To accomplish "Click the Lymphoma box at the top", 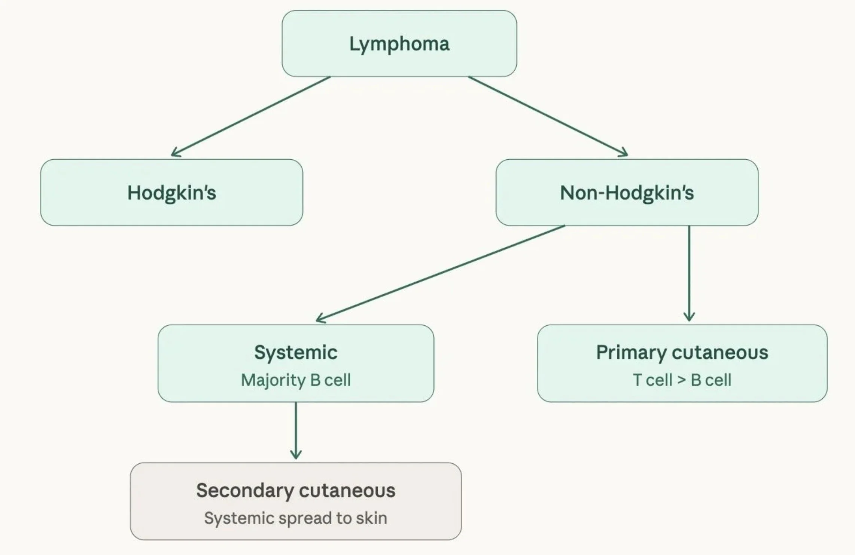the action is [399, 43].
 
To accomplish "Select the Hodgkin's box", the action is [172, 192].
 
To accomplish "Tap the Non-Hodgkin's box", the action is [627, 192].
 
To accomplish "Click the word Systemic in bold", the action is [296, 352].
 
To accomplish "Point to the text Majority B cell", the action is [296, 380].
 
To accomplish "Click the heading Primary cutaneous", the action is [682, 352].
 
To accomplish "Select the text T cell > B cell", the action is [682, 380].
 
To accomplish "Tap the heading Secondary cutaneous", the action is [296, 490].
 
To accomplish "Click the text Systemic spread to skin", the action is [296, 518].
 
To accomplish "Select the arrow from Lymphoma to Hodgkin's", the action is [251, 116].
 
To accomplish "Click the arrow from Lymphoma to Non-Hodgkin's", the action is [548, 116].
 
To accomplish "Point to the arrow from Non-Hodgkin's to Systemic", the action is [441, 273].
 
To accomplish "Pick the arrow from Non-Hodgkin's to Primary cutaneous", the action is [689, 273].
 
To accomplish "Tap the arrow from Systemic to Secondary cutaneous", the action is [296, 430].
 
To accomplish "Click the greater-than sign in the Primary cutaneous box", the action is [682, 380].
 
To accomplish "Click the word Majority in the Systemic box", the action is [273, 380].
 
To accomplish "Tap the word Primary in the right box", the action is [631, 353].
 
